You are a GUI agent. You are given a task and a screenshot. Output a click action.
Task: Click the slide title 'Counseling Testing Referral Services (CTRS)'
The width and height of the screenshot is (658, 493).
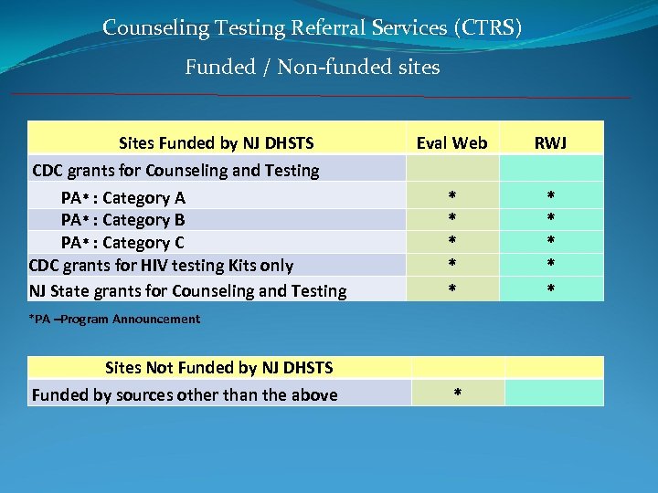(313, 27)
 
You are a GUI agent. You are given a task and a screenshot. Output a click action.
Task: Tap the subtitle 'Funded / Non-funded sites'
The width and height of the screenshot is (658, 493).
(313, 67)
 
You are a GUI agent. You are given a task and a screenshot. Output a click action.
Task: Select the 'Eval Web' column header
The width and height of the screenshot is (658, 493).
(451, 142)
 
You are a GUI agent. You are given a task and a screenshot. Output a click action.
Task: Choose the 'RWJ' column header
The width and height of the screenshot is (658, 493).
(550, 142)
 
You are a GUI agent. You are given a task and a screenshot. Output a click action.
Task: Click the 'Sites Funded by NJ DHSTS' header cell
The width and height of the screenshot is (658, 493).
(217, 142)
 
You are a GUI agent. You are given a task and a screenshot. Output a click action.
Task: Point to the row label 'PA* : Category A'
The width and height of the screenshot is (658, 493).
(122, 197)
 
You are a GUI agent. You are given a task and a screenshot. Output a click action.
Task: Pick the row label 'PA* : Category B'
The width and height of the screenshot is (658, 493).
(122, 219)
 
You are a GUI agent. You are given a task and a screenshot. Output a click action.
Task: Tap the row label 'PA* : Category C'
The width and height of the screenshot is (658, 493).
(122, 243)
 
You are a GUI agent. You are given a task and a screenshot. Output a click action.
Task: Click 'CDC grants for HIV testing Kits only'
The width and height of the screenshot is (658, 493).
(161, 266)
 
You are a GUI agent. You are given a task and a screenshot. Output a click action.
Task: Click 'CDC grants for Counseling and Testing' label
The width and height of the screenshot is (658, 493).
(175, 170)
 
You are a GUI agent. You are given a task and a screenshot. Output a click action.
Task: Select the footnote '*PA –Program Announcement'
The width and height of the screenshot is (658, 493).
(114, 320)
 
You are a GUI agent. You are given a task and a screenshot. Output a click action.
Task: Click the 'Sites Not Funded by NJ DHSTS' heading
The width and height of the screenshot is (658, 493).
(218, 368)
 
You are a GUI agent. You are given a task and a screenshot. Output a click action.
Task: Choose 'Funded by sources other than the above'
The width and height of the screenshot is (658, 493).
(185, 395)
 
